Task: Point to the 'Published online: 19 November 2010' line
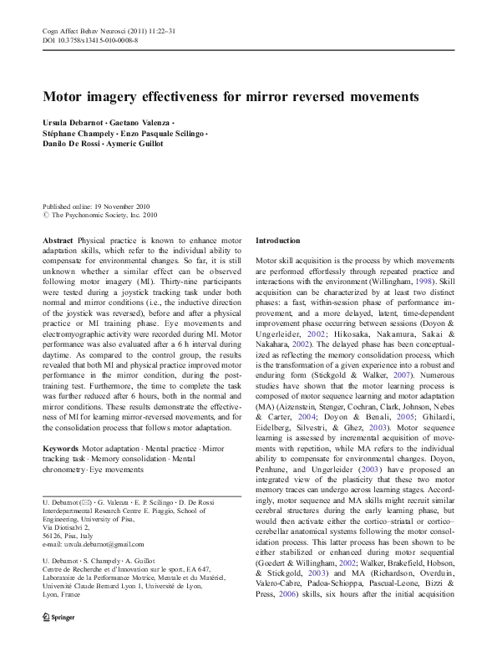[97, 206]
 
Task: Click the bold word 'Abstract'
[58, 240]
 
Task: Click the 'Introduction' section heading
[279, 240]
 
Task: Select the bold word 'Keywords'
[63, 449]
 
